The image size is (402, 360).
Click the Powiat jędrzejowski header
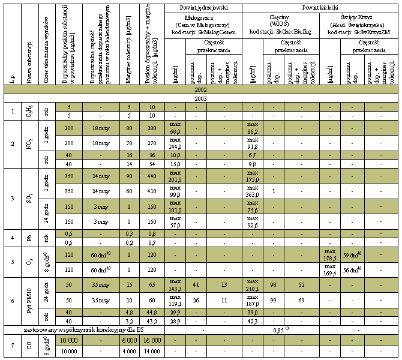[x=205, y=8]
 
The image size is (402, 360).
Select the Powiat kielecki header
[x=320, y=8]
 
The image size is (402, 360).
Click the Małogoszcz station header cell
[x=205, y=25]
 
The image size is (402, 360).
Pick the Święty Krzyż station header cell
[x=358, y=25]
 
